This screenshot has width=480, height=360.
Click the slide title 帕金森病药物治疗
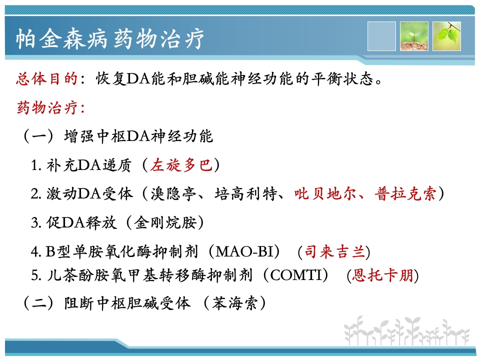110,39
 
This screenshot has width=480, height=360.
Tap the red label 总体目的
47,79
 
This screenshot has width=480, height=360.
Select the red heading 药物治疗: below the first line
51,107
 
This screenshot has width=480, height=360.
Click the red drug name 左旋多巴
181,165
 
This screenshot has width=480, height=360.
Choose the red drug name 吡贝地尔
325,194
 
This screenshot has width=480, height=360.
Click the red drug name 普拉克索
405,194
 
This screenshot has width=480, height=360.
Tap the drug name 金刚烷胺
165,222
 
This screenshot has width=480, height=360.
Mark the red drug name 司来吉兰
334,251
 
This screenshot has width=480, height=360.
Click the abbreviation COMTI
296,275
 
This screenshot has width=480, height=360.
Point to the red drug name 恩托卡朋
382,275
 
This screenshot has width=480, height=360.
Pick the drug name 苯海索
234,303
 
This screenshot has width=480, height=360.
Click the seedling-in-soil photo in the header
414,36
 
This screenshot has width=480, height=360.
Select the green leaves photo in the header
446,36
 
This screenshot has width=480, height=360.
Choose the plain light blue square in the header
381,36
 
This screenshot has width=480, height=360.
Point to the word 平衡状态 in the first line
342,79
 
